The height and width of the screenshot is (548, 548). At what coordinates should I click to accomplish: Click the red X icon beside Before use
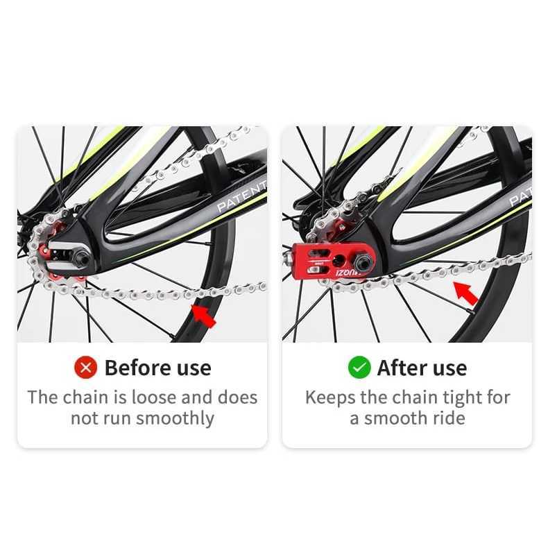tap(85, 368)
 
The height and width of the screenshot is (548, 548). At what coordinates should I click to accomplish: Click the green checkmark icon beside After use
tap(359, 368)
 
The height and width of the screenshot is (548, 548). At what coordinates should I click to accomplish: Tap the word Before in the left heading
tap(138, 368)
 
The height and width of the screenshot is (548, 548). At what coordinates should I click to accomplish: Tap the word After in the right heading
tap(402, 368)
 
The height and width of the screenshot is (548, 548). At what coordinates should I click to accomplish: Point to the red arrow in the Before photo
tap(203, 316)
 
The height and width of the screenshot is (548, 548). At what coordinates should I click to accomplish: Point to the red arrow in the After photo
tap(465, 293)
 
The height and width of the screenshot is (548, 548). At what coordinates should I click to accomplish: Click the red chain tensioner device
tap(332, 262)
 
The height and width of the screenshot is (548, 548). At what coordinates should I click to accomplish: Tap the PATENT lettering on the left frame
tap(242, 197)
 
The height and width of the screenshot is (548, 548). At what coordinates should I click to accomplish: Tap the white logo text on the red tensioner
tap(346, 272)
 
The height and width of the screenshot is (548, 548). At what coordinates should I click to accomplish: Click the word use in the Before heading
tap(194, 369)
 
